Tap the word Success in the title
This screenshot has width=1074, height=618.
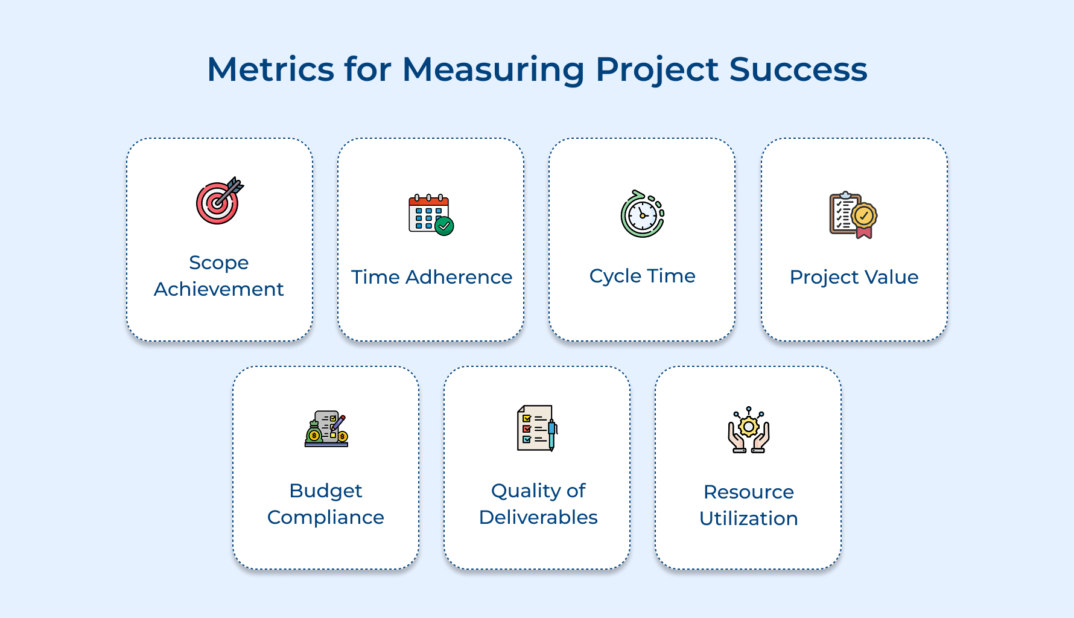tap(798, 69)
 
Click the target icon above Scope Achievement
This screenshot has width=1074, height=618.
tap(219, 201)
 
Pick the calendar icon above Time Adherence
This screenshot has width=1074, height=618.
tap(429, 214)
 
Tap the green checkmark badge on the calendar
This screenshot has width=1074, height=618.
tap(445, 226)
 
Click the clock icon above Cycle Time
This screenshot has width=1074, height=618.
tap(642, 214)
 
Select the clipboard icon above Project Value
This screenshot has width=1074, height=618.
tap(845, 215)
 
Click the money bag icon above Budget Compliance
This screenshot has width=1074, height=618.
tap(314, 433)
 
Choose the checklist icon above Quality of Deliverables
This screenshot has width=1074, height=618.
tap(536, 428)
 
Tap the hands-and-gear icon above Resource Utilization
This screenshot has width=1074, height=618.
tap(748, 430)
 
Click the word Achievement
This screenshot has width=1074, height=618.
tap(219, 289)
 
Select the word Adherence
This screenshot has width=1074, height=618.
tap(459, 277)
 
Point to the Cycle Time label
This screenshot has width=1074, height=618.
tap(642, 276)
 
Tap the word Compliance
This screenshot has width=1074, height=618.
tap(326, 517)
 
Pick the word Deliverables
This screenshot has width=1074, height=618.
tap(538, 517)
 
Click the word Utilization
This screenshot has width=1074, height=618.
tap(748, 518)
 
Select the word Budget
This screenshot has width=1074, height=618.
tap(326, 491)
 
